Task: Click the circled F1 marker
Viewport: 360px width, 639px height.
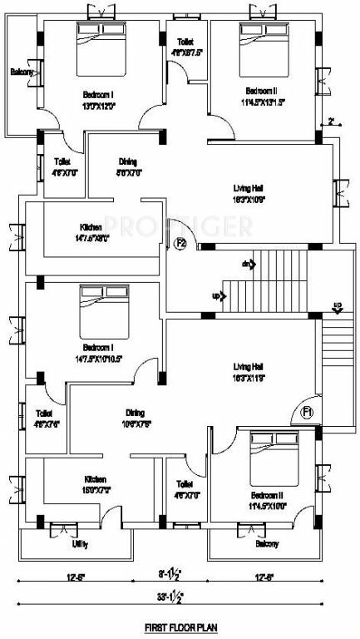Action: click(307, 412)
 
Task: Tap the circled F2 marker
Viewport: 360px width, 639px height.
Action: click(180, 244)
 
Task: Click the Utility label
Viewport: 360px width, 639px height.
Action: click(80, 545)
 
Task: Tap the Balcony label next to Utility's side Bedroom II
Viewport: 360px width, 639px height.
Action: click(267, 544)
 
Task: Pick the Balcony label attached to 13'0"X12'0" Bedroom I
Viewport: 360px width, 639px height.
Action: click(22, 73)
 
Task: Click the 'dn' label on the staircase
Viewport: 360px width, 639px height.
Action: click(246, 264)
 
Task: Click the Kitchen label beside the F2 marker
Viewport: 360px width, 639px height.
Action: click(91, 227)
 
